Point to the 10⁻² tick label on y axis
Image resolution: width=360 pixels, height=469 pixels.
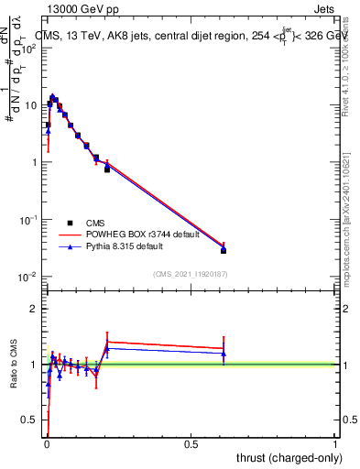click(28, 277)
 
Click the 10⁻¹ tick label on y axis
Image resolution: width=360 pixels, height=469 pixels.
click(28, 220)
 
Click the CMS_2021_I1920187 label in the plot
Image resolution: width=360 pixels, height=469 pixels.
click(191, 273)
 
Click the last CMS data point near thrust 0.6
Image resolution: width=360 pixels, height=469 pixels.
click(224, 250)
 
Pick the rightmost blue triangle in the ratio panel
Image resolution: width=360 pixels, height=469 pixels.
click(224, 354)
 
